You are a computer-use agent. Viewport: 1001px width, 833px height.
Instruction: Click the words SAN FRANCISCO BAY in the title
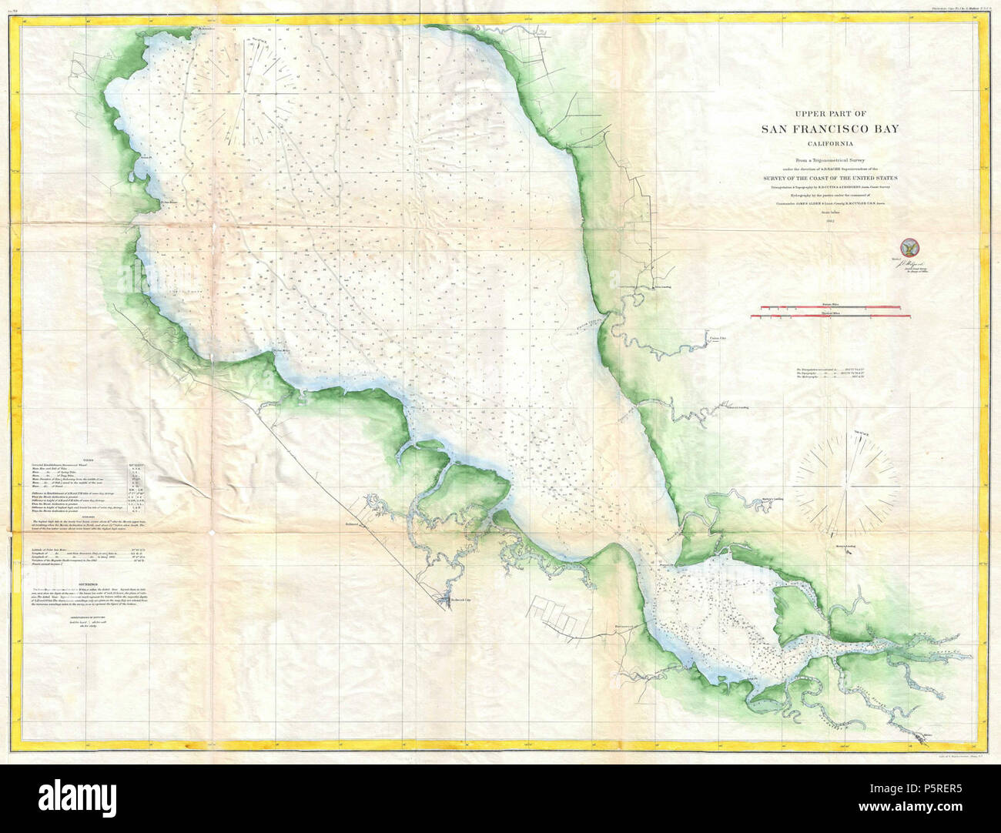tap(825, 130)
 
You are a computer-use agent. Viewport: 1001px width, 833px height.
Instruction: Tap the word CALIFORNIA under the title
tap(825, 143)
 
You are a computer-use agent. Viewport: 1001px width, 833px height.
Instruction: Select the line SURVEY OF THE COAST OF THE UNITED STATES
tap(825, 178)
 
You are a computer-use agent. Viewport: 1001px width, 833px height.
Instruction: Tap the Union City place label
tap(717, 336)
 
